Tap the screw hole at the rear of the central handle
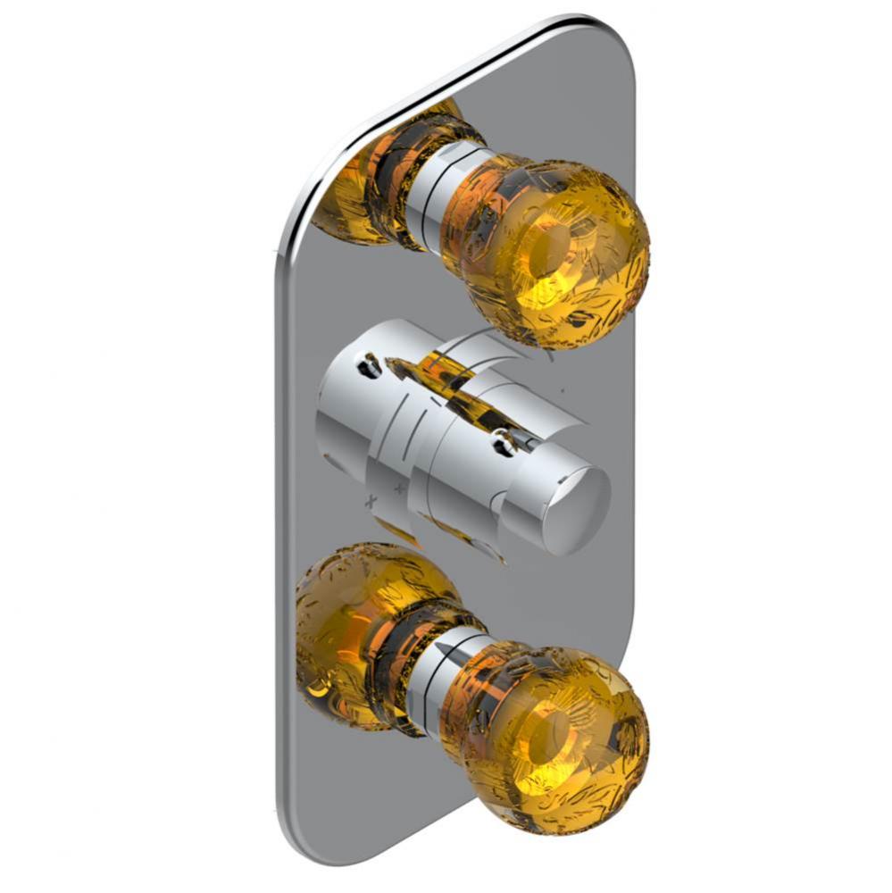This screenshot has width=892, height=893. [x=367, y=363]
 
